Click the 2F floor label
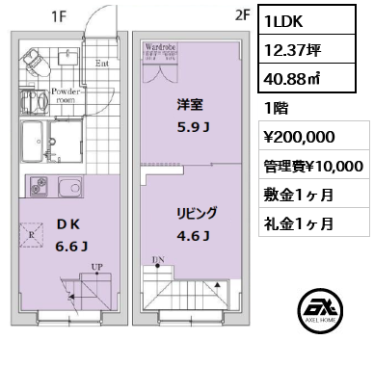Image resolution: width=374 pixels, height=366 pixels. point(242,16)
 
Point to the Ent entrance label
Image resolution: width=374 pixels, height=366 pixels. point(102,65)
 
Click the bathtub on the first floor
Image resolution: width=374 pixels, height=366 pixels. point(38,144)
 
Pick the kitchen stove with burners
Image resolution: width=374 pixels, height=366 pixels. point(38,187)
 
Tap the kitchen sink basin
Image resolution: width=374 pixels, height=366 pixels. point(70,187)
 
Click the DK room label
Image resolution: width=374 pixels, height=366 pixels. point(72,227)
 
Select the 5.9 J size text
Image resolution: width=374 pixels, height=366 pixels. point(189,124)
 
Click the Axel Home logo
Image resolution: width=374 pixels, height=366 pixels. point(327,313)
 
